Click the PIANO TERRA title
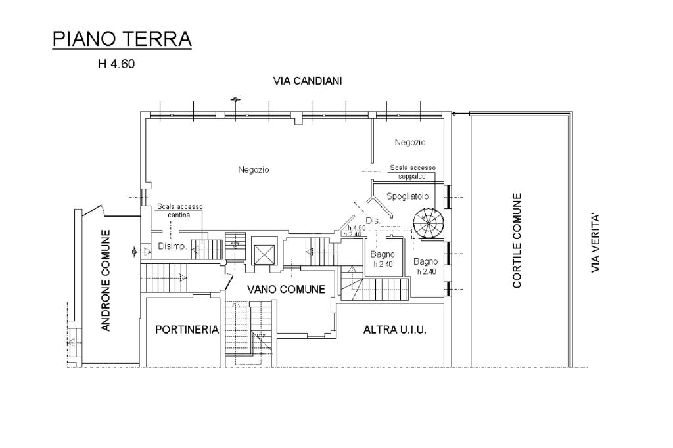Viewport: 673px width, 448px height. [122, 39]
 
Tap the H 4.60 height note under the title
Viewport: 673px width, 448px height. [116, 64]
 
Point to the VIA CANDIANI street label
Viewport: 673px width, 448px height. [308, 81]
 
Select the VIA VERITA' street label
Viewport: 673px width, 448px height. [595, 243]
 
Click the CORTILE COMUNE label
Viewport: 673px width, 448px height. [517, 240]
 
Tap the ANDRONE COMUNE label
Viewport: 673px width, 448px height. [106, 280]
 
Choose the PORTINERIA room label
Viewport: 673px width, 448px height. [187, 330]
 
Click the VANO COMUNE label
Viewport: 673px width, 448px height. [287, 289]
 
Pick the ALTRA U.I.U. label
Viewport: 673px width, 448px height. [395, 330]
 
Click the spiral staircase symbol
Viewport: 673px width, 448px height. [427, 223]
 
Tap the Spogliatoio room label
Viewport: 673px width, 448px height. [407, 196]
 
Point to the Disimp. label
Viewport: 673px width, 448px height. [172, 246]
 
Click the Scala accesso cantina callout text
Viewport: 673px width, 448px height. [180, 210]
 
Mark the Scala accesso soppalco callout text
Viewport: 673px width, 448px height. [413, 171]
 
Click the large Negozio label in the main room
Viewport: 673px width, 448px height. [254, 170]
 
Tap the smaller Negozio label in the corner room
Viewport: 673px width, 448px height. [410, 142]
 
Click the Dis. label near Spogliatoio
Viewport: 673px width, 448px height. [373, 221]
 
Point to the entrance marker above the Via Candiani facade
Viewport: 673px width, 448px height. [235, 100]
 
